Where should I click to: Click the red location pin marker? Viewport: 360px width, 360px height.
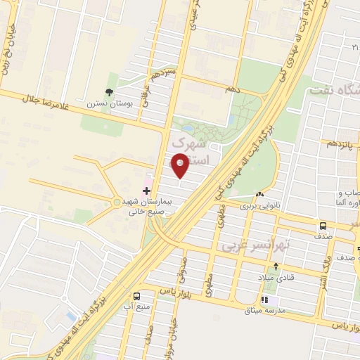180,165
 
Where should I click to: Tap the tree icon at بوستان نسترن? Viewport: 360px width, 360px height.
108,92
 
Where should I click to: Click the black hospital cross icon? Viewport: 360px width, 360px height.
146,191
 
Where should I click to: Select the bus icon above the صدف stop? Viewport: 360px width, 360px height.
323,226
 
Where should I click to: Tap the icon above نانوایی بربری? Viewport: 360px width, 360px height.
260,195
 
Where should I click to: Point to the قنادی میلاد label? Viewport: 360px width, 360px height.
276,276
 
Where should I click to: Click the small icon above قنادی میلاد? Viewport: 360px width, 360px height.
276,266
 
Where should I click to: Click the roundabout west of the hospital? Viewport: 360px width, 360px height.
117,202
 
